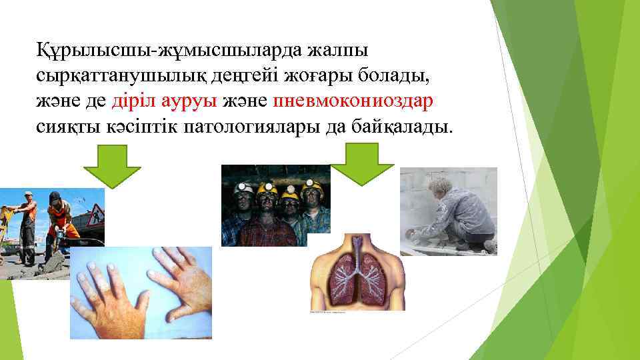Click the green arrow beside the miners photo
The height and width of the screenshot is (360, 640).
point(363,164)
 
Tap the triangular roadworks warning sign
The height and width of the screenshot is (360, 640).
point(93,214)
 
